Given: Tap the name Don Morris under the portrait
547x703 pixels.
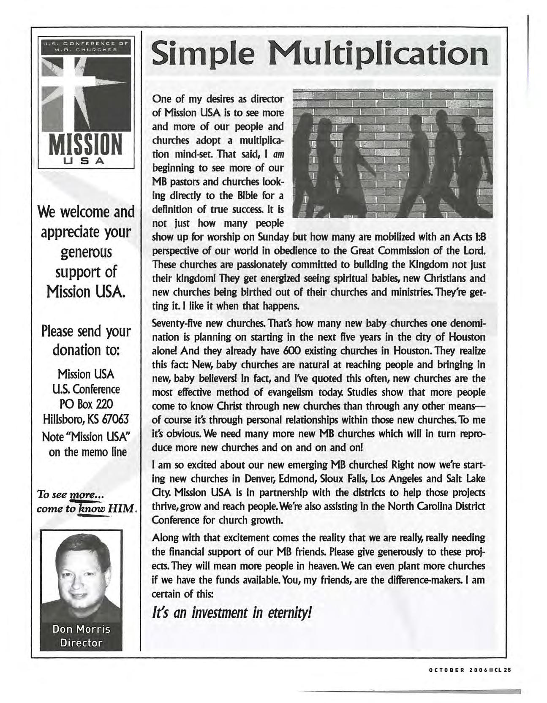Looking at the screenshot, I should point(81,629).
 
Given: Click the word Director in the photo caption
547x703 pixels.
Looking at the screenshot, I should point(81,643).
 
